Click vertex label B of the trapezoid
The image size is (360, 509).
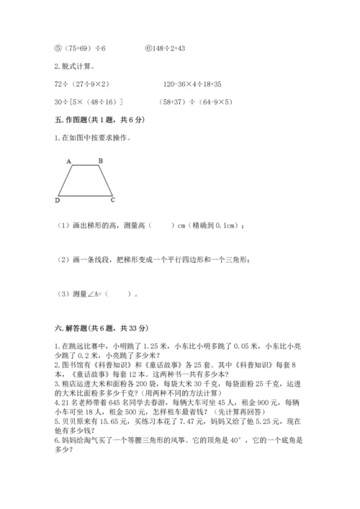coord(100,161)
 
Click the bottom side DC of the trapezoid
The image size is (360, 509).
coord(85,195)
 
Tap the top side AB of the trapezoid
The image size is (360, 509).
coord(85,166)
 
